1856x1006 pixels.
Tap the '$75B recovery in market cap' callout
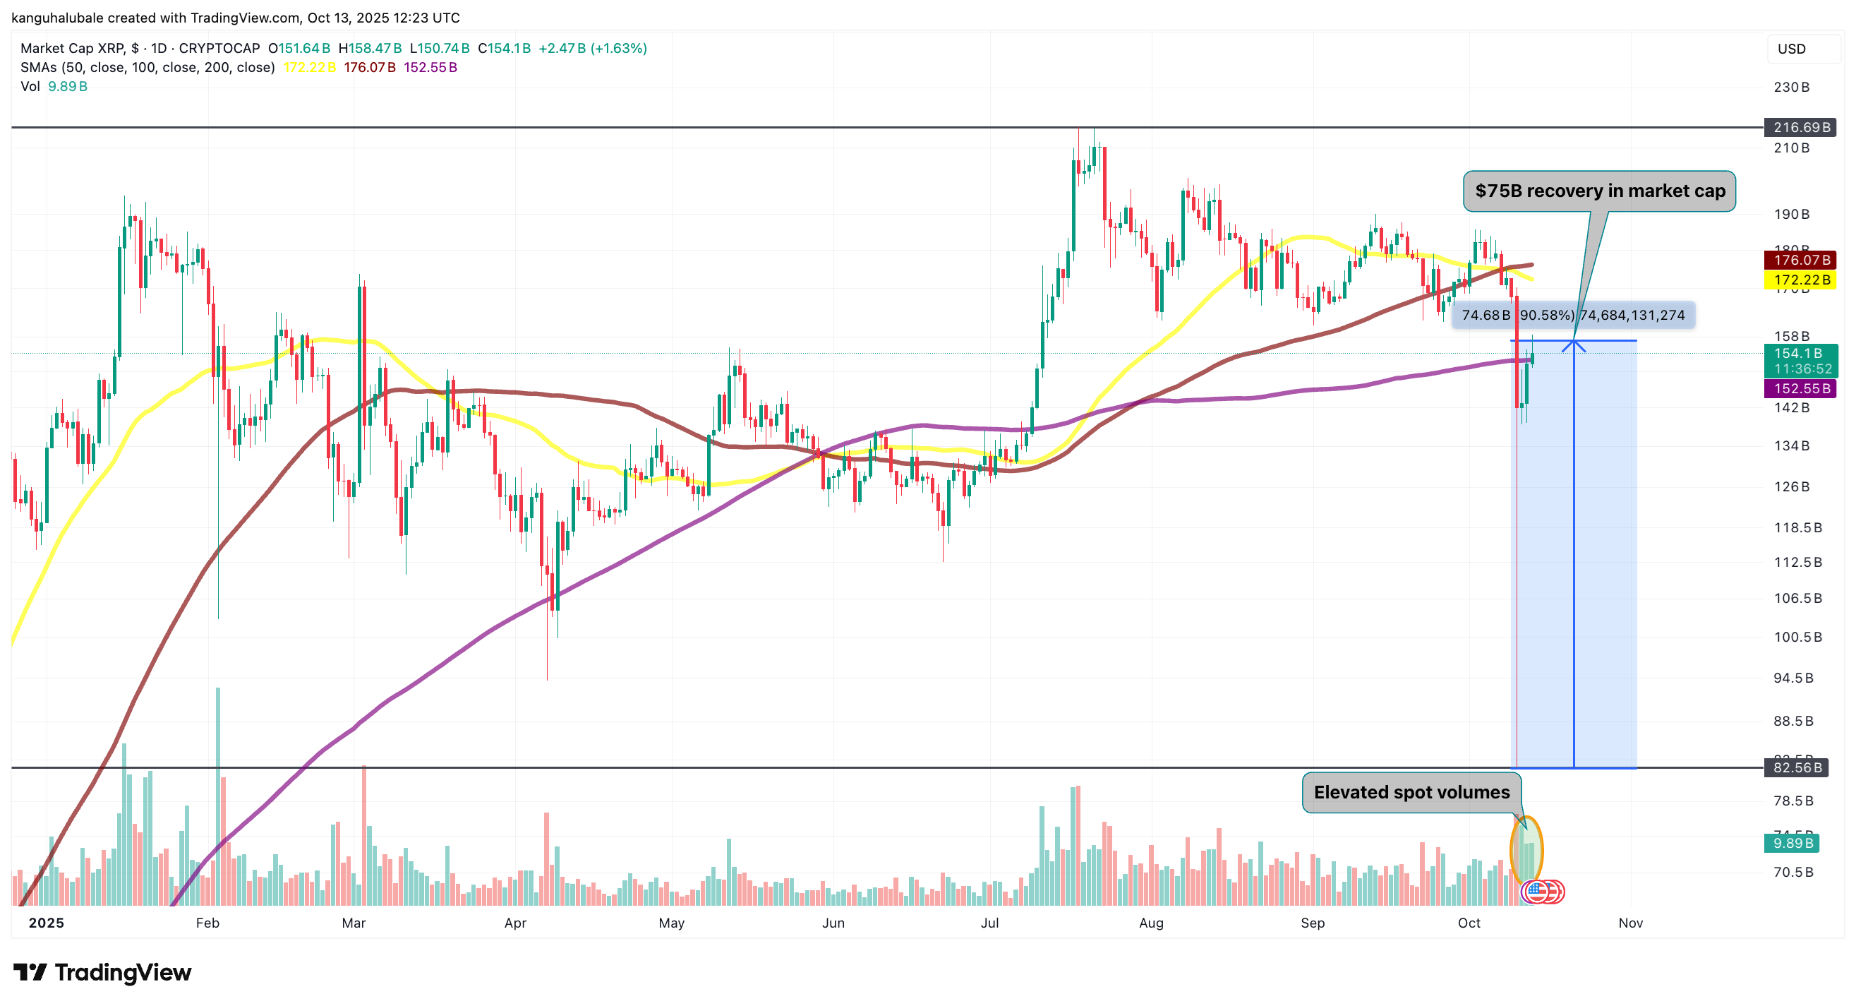[1599, 191]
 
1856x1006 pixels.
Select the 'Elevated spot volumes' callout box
[1411, 792]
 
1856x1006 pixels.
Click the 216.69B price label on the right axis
[1800, 128]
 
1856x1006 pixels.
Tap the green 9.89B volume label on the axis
[1791, 843]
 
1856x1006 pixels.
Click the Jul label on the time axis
[989, 923]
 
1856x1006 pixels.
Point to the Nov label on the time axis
[1629, 923]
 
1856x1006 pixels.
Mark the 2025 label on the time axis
[46, 923]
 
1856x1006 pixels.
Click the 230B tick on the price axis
[1791, 88]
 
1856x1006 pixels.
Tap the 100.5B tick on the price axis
[1797, 637]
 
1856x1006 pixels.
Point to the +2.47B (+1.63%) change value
[592, 48]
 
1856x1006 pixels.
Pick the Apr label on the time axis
[515, 923]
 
